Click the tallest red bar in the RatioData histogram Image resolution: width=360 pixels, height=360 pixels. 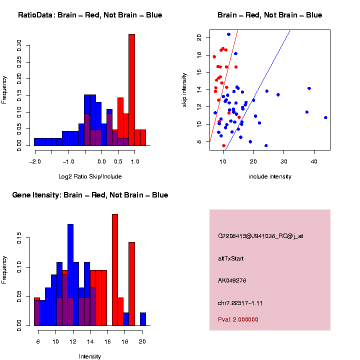[132, 90]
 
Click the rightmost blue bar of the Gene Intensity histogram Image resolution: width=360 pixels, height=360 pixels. [143, 319]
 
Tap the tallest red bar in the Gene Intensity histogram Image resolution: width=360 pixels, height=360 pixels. [115, 270]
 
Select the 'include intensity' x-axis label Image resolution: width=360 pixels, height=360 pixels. [269, 176]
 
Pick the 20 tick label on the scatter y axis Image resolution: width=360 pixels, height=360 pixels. [199, 37]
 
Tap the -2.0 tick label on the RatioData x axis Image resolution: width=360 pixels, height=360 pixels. [34, 161]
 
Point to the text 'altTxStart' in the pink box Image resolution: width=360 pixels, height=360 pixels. [230, 258]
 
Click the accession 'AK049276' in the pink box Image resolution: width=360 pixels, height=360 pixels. [232, 280]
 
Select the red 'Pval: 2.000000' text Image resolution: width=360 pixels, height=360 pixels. [237, 319]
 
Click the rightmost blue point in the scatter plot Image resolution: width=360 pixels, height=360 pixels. [325, 117]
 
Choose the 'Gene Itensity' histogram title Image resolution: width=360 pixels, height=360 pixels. [90, 195]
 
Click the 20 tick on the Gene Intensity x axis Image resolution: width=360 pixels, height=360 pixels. [142, 342]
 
